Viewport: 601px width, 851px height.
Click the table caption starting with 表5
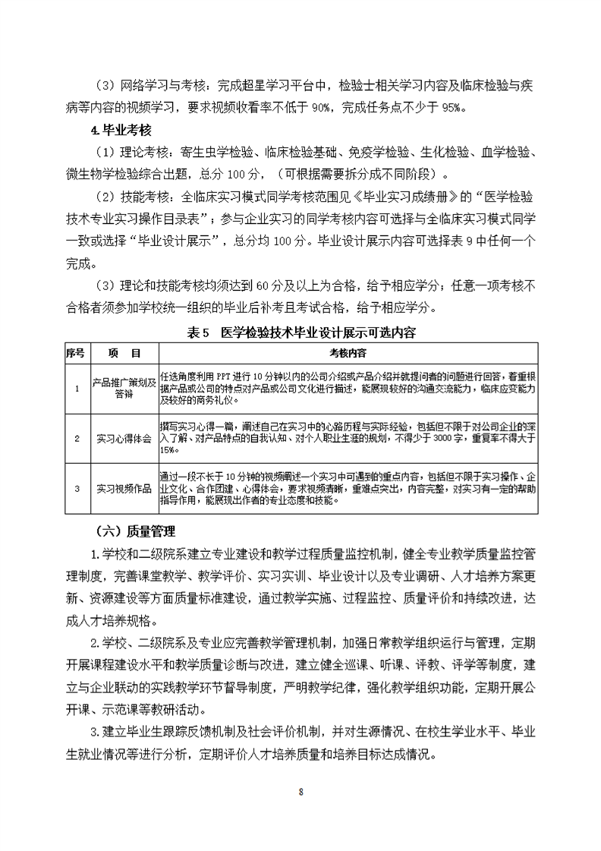point(300,333)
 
